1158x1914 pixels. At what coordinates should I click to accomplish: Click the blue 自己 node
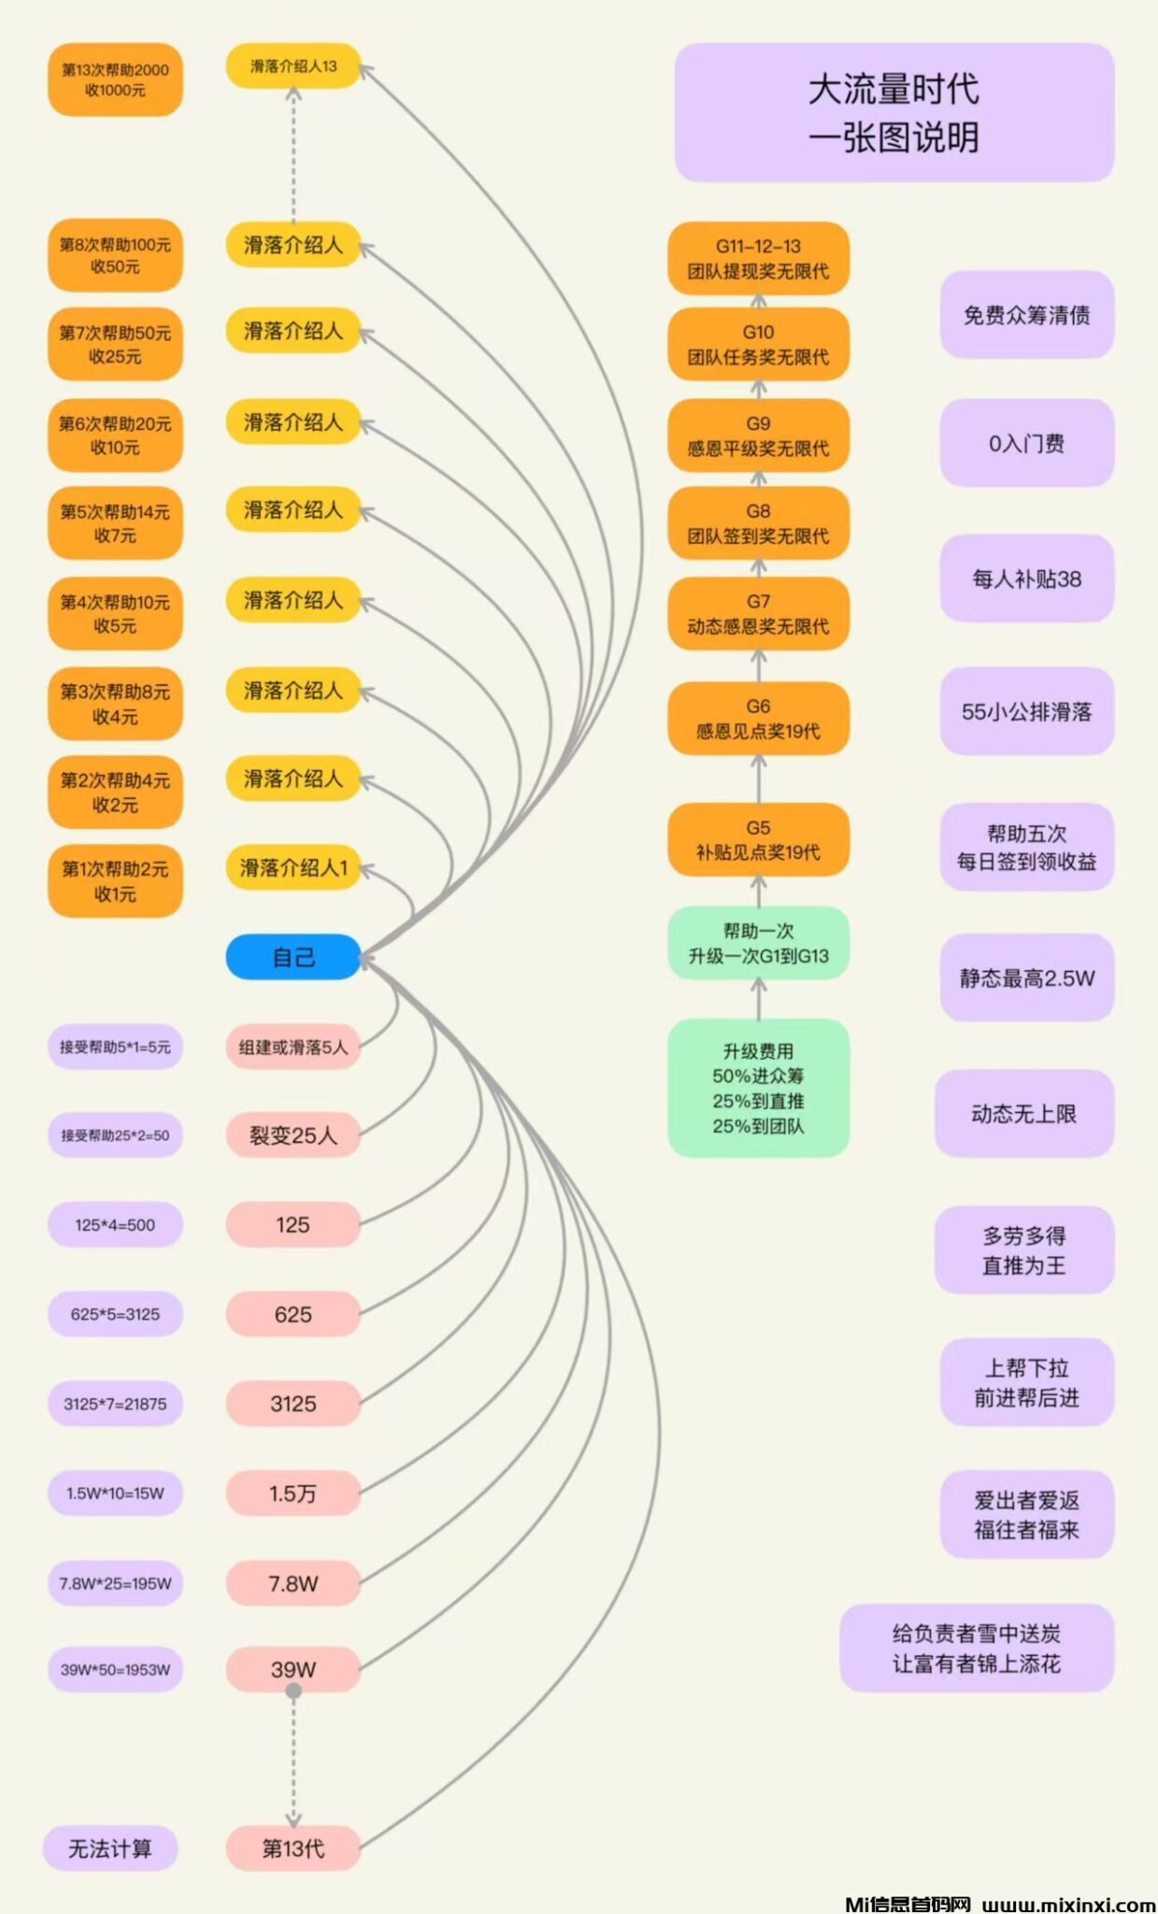click(293, 957)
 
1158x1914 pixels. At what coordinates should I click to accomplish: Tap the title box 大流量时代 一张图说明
click(894, 112)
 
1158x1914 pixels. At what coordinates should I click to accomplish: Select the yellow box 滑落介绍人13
click(293, 66)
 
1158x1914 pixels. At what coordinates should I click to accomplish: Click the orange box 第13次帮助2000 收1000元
click(115, 80)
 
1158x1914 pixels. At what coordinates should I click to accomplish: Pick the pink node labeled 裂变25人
click(293, 1136)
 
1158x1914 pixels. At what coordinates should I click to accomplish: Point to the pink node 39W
click(293, 1668)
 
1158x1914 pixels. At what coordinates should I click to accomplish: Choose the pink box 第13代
click(293, 1848)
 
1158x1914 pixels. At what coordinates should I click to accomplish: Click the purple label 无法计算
click(110, 1848)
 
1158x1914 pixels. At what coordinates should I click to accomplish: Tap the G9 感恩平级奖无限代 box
click(758, 436)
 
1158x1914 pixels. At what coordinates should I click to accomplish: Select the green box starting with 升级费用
click(758, 1088)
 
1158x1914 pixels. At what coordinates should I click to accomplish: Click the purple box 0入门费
click(1026, 443)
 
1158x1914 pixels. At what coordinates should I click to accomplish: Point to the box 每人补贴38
click(1026, 578)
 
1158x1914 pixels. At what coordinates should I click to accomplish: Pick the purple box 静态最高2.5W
click(1026, 978)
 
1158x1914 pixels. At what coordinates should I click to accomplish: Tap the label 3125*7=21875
click(115, 1404)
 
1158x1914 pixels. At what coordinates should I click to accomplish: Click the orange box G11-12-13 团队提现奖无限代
click(758, 259)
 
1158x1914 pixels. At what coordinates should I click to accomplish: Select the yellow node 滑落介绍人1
click(293, 868)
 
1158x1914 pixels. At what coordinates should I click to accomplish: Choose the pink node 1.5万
click(293, 1493)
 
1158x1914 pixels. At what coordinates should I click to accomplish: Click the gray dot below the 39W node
click(293, 1691)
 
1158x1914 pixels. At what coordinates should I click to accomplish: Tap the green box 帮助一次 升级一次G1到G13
click(758, 943)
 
